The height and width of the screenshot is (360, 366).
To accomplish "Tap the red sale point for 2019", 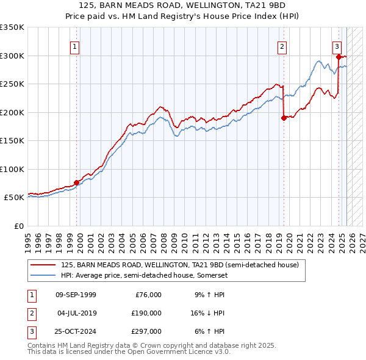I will [284, 118].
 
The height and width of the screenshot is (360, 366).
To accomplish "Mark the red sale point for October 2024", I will [339, 57].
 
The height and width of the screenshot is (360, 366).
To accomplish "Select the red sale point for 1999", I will [77, 182].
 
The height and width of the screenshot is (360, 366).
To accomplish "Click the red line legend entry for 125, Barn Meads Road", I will [179, 265].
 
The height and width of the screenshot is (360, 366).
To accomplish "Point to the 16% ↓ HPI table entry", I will [207, 313].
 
